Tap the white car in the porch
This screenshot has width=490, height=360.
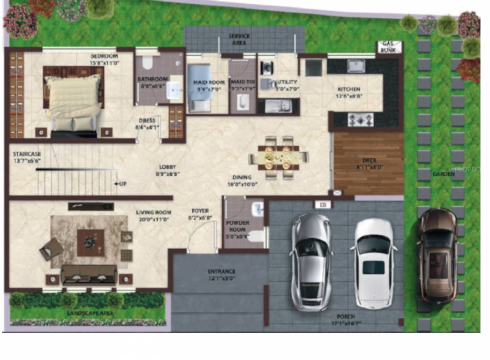pyautogui.click(x=374, y=262)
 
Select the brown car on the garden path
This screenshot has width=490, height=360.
pyautogui.click(x=437, y=255)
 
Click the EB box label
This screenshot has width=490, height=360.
pyautogui.click(x=322, y=204)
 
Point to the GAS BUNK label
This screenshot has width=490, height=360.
pyautogui.click(x=387, y=47)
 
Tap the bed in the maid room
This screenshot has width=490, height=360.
pyautogui.click(x=199, y=88)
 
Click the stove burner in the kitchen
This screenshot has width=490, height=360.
pyautogui.click(x=361, y=120)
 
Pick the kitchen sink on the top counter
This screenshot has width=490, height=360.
pyautogui.click(x=356, y=66)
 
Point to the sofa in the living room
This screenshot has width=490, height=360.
pyautogui.click(x=89, y=274)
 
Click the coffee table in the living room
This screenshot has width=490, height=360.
pyautogui.click(x=90, y=242)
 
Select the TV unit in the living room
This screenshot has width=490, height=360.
pyautogui.click(x=91, y=206)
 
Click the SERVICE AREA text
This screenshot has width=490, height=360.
pyautogui.click(x=239, y=39)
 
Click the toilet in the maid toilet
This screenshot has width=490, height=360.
pyautogui.click(x=242, y=102)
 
